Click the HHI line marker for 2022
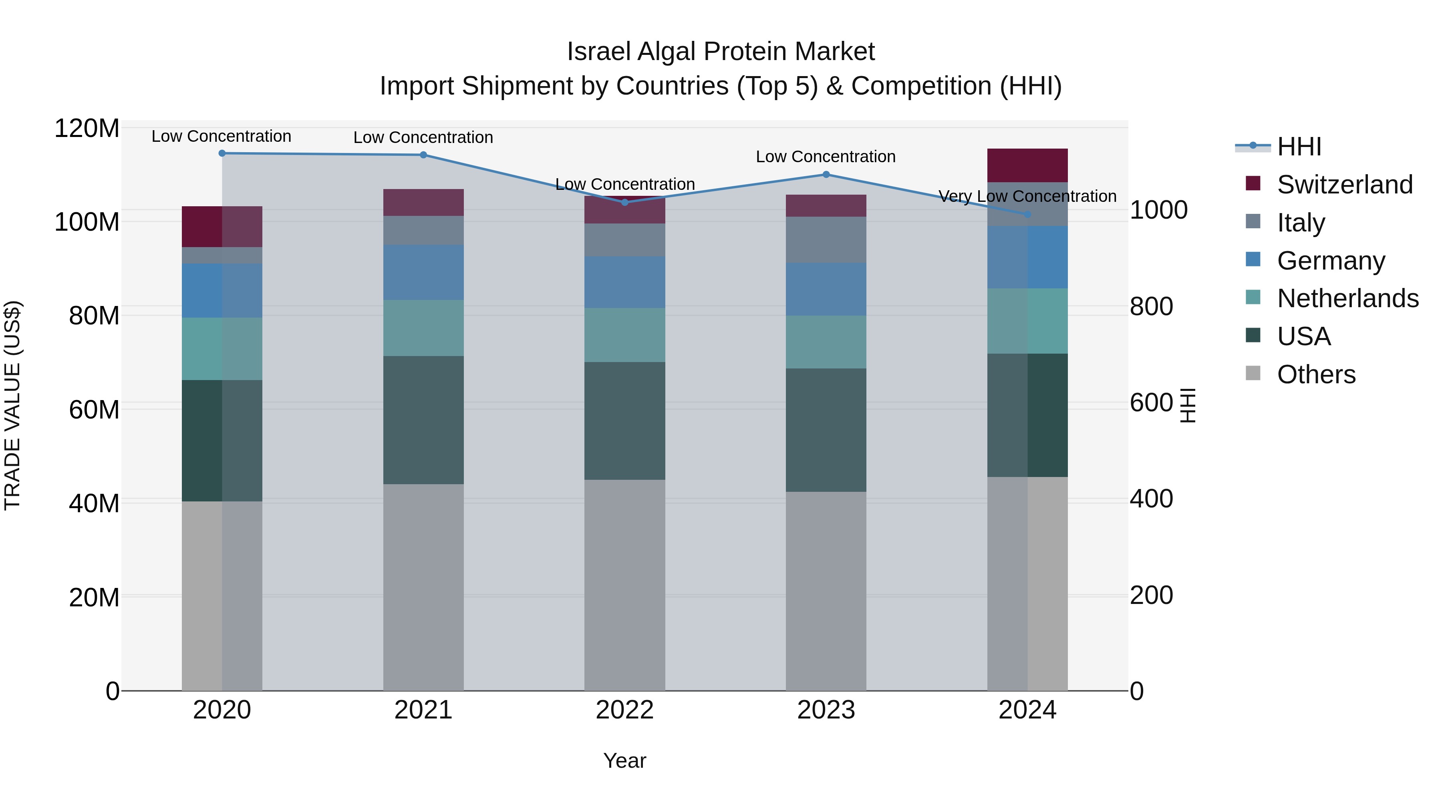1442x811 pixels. pos(625,202)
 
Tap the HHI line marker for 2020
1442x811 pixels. pos(222,153)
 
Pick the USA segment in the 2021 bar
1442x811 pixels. pos(423,420)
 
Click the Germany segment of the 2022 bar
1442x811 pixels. pos(625,282)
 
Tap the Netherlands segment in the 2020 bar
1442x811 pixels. pos(222,349)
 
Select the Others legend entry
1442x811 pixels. pos(1315,374)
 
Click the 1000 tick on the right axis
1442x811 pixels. pos(1158,210)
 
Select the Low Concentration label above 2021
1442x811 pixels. pos(423,137)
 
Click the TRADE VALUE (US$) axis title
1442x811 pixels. pos(13,405)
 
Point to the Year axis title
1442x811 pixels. pos(625,761)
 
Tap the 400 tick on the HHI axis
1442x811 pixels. pos(1151,499)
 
